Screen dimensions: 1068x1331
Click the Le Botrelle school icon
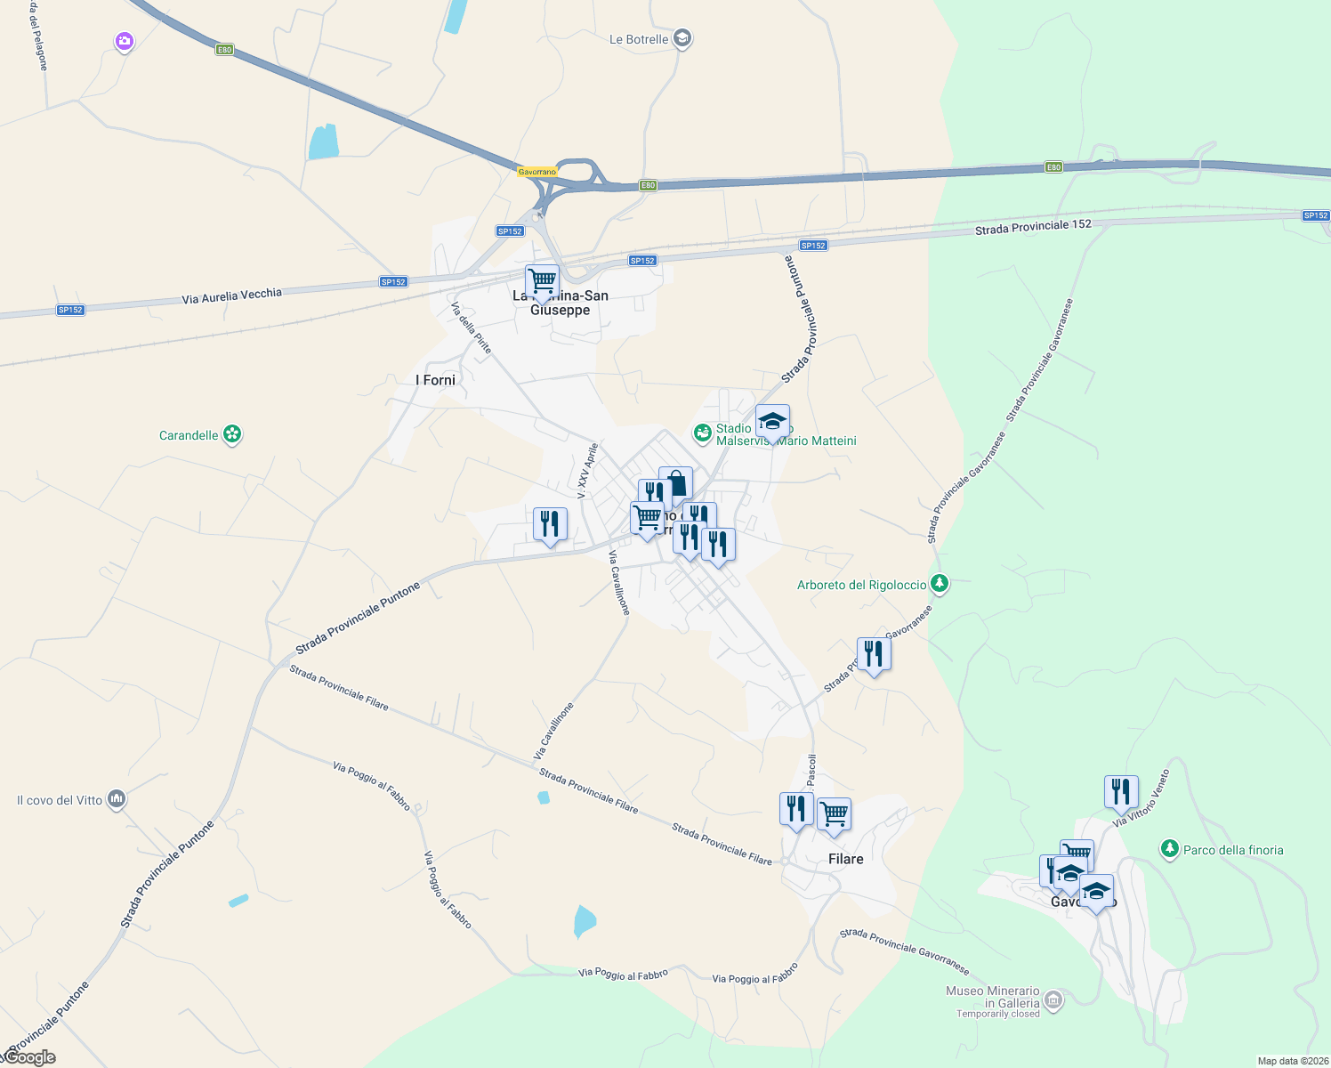(682, 39)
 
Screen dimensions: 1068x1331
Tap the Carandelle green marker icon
(232, 434)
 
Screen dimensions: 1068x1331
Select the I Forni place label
(435, 380)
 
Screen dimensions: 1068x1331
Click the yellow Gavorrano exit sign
(536, 172)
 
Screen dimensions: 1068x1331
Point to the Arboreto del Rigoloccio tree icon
(939, 585)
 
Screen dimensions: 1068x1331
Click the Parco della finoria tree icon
(1170, 849)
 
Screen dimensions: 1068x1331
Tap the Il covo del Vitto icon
(116, 799)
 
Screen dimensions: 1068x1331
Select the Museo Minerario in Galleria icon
(1053, 999)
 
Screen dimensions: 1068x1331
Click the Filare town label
(845, 859)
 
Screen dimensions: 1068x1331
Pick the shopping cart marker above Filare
(834, 813)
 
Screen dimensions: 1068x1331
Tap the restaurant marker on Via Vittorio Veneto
(1121, 790)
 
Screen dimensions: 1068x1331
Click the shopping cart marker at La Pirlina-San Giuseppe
(542, 281)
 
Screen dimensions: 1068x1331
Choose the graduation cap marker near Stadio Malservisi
(772, 421)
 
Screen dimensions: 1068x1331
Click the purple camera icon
(124, 41)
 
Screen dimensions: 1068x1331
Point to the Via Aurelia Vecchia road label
(231, 295)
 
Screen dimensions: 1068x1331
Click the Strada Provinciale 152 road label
(1033, 226)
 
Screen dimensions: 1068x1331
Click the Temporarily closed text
(997, 1014)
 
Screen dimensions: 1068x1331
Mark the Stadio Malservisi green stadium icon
(703, 433)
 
